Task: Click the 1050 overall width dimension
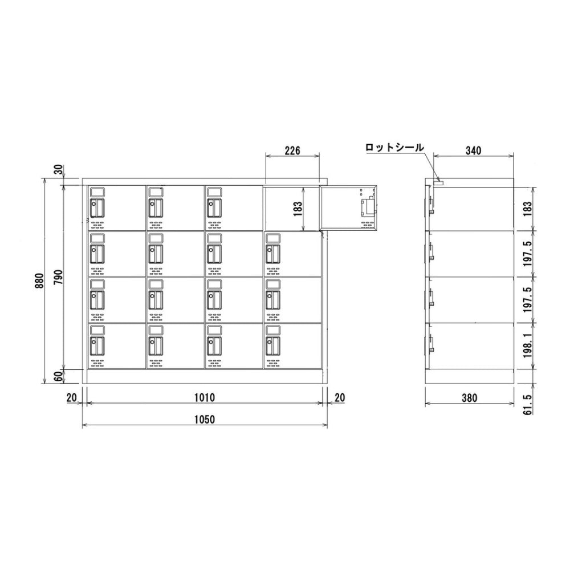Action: pyautogui.click(x=204, y=419)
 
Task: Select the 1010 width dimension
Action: pyautogui.click(x=204, y=397)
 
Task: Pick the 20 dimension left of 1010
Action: pyautogui.click(x=72, y=397)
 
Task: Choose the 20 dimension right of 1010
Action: pyautogui.click(x=339, y=397)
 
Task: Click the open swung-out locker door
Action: pyautogui.click(x=349, y=207)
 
